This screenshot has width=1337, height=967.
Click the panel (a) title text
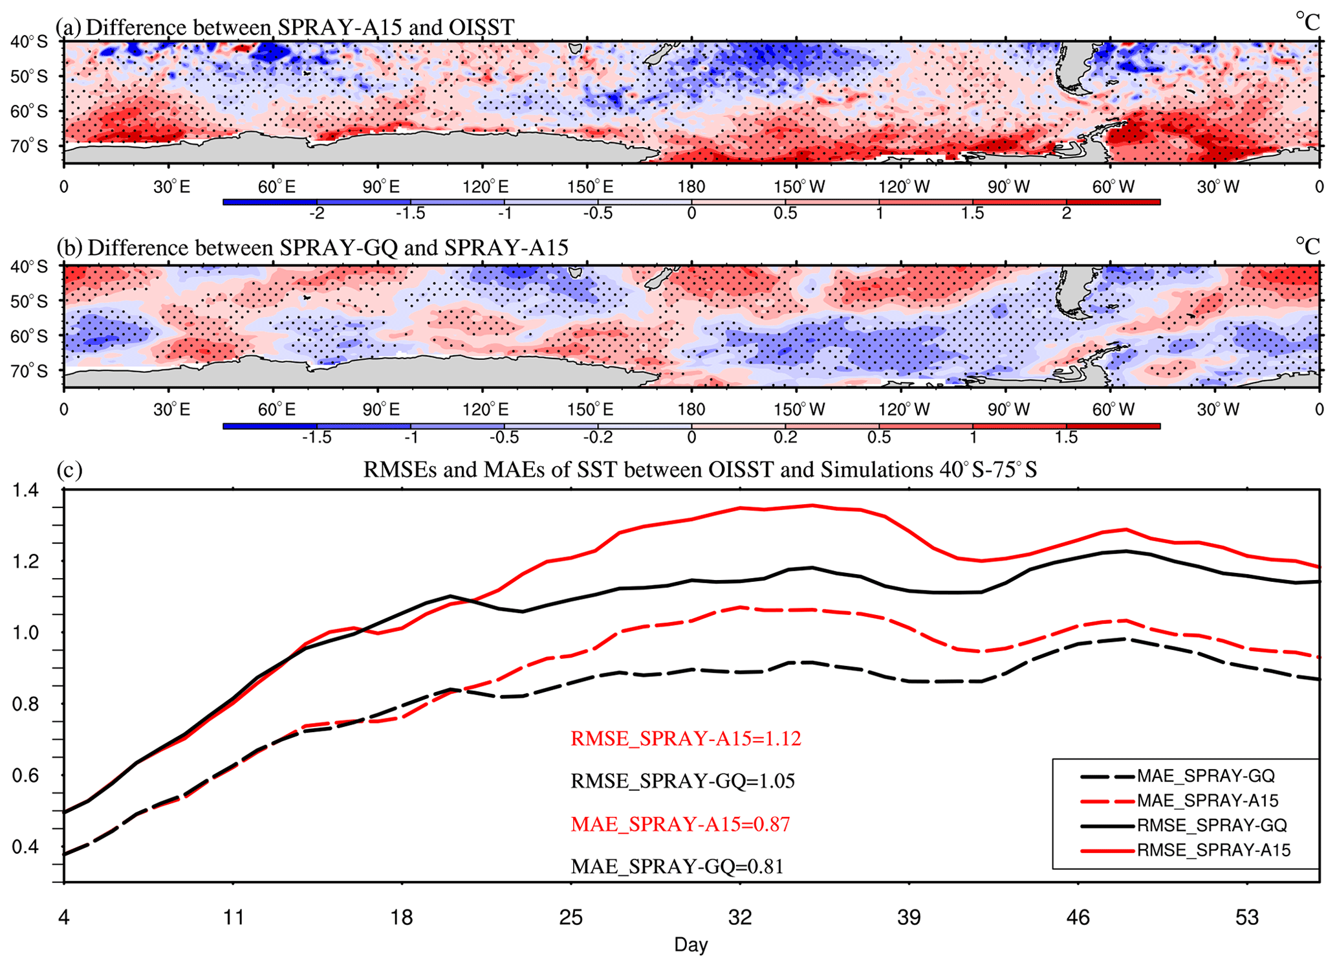pos(285,27)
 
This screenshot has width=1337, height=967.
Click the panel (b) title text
pos(312,247)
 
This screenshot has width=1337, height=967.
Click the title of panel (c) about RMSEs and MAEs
pos(700,469)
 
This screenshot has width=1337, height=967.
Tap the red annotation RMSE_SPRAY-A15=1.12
pos(686,739)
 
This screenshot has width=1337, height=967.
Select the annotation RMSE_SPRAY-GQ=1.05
pos(682,781)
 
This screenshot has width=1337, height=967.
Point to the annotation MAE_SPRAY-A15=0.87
pos(680,824)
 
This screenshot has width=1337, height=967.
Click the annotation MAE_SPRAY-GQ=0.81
pos(677,866)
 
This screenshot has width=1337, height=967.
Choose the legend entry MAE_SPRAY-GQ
pos(1206,776)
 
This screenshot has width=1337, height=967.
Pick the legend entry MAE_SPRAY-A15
pos(1208,801)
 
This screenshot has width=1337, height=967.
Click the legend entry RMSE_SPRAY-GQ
pos(1212,825)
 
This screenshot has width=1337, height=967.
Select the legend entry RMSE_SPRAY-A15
pos(1213,850)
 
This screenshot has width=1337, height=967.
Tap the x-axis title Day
pos(691,945)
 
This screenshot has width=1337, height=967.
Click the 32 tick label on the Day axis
pos(740,917)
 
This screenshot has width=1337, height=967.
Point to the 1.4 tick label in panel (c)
pos(26,491)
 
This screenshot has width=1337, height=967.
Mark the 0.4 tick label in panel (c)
pos(26,847)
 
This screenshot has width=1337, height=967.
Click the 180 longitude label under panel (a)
pos(691,187)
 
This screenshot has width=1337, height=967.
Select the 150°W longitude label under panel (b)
pos(799,410)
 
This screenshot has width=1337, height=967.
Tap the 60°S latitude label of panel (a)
pos(29,111)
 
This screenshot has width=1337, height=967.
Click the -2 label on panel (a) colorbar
pos(316,213)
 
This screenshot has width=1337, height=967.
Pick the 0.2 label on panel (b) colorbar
pos(785,437)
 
